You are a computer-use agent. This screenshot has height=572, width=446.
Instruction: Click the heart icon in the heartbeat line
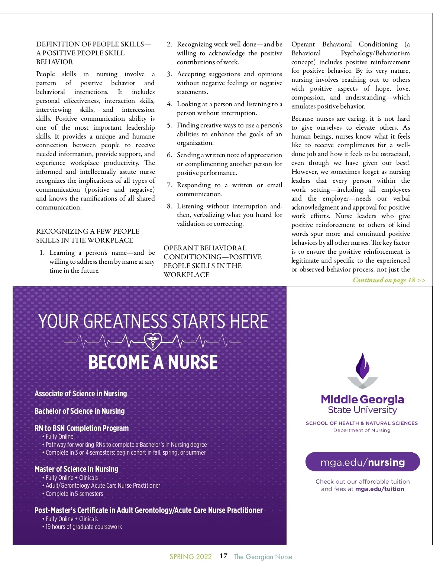(x=153, y=341)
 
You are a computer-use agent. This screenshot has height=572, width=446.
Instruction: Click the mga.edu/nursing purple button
(x=362, y=462)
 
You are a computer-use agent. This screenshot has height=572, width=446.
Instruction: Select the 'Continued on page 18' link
(x=389, y=280)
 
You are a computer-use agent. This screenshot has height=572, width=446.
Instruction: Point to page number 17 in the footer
(x=223, y=556)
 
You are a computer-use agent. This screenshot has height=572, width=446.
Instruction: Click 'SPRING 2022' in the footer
(x=190, y=557)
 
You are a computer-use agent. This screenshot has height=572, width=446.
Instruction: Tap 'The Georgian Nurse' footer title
(x=263, y=557)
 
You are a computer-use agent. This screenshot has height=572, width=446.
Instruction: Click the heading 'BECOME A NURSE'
(x=153, y=362)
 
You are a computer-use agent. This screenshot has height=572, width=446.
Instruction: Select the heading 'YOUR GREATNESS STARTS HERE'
(x=153, y=321)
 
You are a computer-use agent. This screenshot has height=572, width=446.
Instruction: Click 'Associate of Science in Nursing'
(x=81, y=394)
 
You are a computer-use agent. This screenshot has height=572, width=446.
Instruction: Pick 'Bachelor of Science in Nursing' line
(x=80, y=411)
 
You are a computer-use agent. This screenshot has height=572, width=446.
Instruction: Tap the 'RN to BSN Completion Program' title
(x=81, y=428)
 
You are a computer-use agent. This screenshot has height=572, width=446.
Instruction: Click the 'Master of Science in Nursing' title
(x=76, y=469)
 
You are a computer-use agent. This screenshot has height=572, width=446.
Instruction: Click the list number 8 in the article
(x=169, y=206)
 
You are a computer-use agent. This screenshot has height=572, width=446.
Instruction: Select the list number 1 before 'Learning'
(x=42, y=253)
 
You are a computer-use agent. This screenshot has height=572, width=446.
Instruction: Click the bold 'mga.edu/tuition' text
(x=379, y=489)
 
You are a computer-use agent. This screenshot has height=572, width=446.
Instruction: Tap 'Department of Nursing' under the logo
(x=362, y=430)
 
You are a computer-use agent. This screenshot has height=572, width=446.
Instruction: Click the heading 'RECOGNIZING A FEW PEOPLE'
(x=87, y=231)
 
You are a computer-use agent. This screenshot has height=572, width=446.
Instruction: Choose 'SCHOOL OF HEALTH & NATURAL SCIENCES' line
(x=362, y=423)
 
